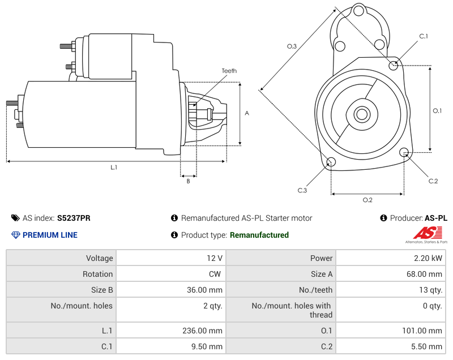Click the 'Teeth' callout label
click(x=229, y=71)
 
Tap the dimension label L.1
click(x=114, y=167)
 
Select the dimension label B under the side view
click(x=189, y=181)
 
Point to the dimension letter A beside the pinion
click(x=247, y=113)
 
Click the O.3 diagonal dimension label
click(x=292, y=46)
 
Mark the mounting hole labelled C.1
click(x=394, y=65)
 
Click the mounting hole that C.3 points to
click(x=331, y=163)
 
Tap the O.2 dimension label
click(x=367, y=199)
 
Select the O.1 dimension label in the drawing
click(x=437, y=110)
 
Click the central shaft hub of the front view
click(x=361, y=114)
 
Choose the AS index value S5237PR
click(x=74, y=218)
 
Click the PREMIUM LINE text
click(x=50, y=235)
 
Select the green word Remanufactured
click(x=259, y=235)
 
